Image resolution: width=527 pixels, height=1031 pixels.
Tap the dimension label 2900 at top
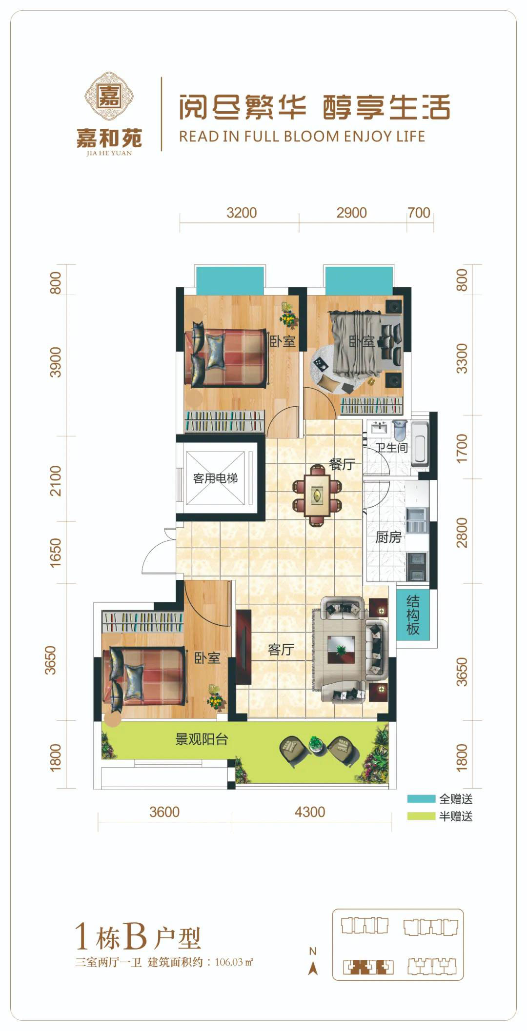click(351, 213)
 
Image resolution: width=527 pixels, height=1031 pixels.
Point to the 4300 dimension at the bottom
click(310, 812)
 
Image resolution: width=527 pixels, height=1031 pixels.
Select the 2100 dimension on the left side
click(56, 480)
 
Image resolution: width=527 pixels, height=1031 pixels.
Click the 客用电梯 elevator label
click(215, 478)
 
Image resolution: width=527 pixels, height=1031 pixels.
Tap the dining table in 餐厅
click(317, 495)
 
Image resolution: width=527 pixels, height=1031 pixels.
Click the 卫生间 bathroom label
click(391, 447)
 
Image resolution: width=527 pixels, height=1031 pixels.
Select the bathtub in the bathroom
click(420, 443)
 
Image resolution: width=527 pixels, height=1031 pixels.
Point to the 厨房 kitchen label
click(388, 537)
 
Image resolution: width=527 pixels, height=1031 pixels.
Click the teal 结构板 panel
click(413, 615)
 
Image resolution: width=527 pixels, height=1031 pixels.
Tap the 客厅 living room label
click(281, 650)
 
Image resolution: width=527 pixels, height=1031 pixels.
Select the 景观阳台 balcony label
click(202, 739)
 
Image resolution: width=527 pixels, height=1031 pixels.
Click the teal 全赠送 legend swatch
click(421, 799)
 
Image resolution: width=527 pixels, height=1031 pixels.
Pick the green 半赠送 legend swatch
click(421, 816)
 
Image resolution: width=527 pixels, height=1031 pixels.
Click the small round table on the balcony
click(316, 743)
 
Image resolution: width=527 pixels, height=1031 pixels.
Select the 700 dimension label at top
click(419, 213)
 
